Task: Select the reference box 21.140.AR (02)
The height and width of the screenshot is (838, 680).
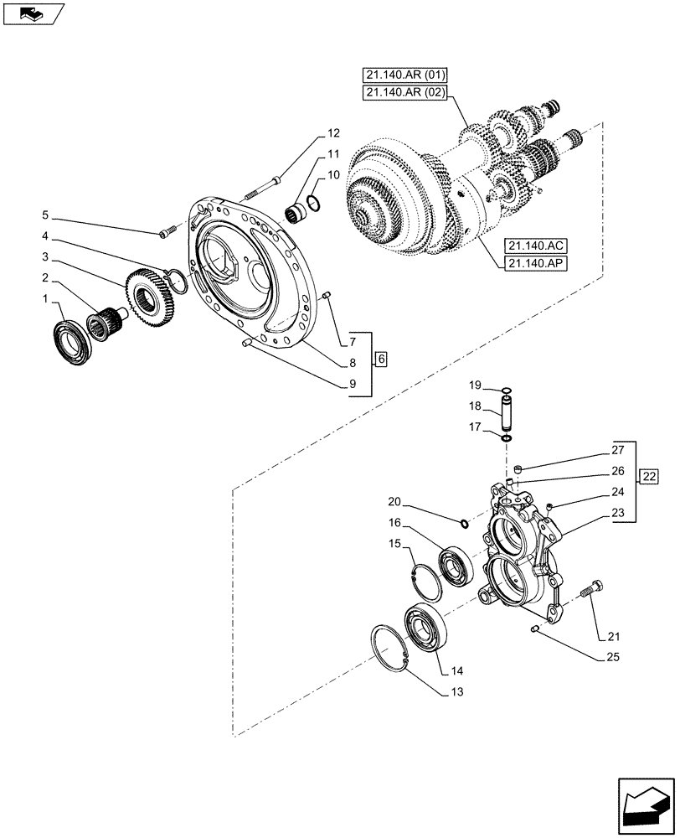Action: click(x=404, y=93)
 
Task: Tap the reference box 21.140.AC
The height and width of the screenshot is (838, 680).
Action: click(x=536, y=246)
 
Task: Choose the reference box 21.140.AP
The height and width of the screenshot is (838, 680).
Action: click(x=536, y=264)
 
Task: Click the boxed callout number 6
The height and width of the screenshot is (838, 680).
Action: click(x=381, y=360)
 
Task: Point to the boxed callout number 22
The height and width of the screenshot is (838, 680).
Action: click(x=648, y=478)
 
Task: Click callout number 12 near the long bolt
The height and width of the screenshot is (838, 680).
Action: click(x=334, y=133)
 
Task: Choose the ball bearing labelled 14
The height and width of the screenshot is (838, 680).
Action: click(x=426, y=628)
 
